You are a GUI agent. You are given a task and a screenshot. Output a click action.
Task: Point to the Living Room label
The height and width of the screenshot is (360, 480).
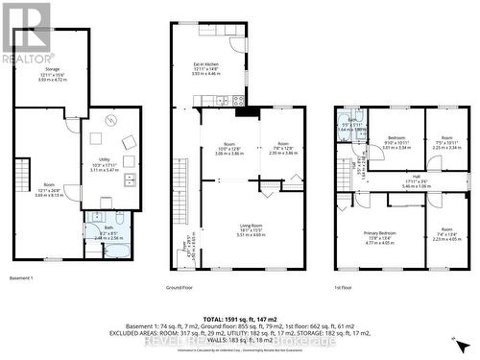coord(251,228)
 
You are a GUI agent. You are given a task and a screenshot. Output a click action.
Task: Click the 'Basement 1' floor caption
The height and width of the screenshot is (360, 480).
coord(19,278)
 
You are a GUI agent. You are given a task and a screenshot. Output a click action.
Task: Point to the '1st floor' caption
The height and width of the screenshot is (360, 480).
coord(344,287)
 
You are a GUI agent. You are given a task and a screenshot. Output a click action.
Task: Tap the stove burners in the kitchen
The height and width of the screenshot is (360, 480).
coord(223,100)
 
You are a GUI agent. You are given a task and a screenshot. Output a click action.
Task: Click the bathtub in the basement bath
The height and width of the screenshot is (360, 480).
coord(119,250)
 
